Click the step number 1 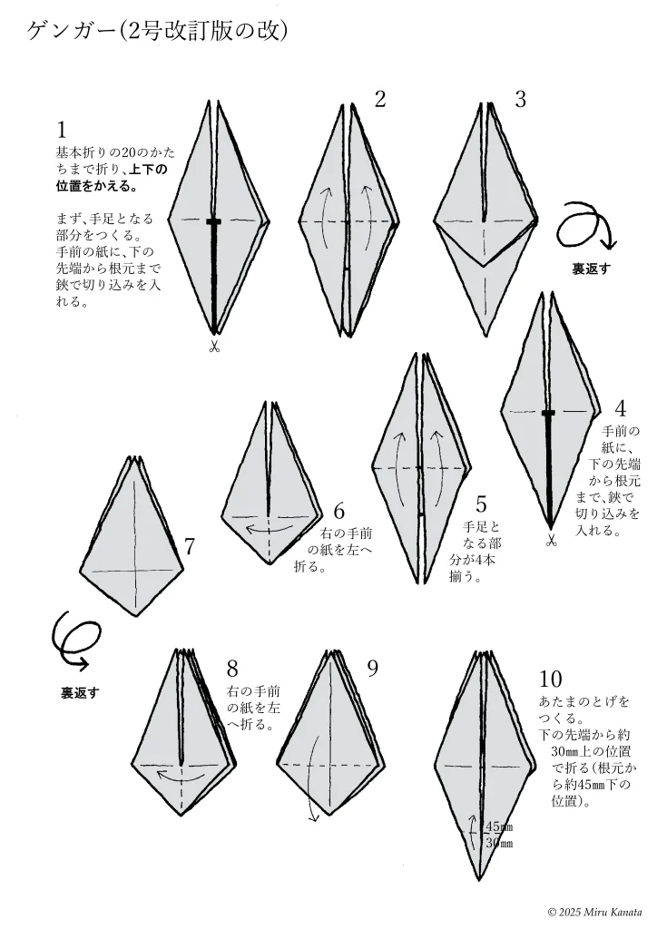(63, 130)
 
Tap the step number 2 (380, 100)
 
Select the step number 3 (520, 100)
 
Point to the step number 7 (190, 546)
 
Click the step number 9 (372, 668)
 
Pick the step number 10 (550, 679)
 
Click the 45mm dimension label (499, 826)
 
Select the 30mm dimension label (499, 843)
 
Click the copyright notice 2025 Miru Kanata (594, 911)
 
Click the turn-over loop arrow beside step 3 (584, 226)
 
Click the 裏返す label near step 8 (80, 692)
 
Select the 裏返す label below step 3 (591, 269)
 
